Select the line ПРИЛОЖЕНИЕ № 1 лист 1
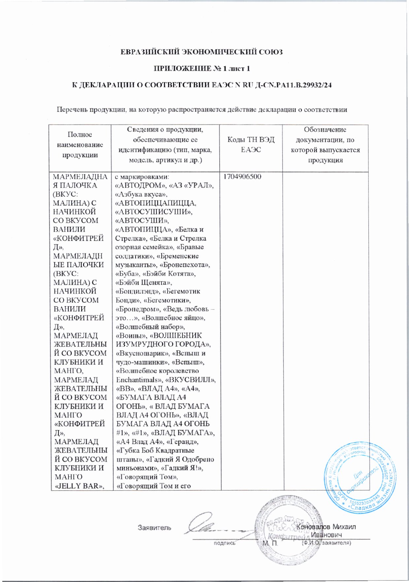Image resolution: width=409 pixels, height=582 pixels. [x=202, y=69]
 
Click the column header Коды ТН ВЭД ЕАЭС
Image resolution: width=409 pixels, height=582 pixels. [x=251, y=145]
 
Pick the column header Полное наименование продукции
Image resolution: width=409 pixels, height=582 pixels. [x=80, y=145]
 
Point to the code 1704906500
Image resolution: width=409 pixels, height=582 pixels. [x=242, y=177]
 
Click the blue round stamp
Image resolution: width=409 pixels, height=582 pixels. [x=360, y=475]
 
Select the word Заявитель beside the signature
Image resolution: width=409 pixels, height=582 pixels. [x=154, y=528]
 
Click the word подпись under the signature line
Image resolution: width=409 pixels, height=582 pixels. [x=224, y=543]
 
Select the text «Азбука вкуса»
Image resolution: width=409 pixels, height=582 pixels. [x=139, y=194]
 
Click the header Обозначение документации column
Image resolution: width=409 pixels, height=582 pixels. [x=325, y=145]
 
